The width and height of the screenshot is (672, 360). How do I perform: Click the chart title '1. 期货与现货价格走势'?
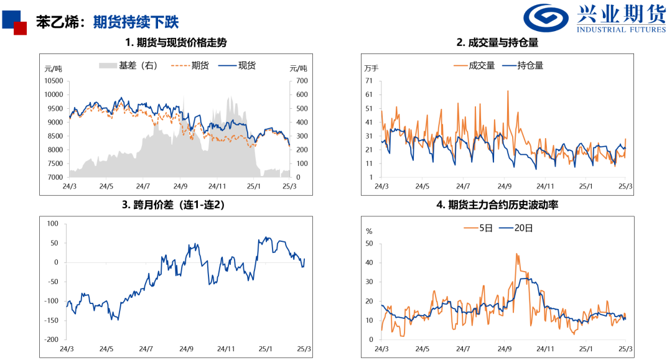[x=176, y=43]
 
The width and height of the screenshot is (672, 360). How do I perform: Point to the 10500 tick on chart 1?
[x=54, y=81]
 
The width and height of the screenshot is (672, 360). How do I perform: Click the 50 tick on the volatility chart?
[x=368, y=243]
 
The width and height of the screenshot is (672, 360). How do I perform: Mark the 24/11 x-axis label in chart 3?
[x=226, y=349]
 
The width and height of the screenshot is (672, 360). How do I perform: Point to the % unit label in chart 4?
[x=369, y=231]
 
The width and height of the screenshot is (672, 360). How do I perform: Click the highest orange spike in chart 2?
[x=508, y=91]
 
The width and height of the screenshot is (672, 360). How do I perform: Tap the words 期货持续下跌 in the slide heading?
[x=136, y=22]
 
